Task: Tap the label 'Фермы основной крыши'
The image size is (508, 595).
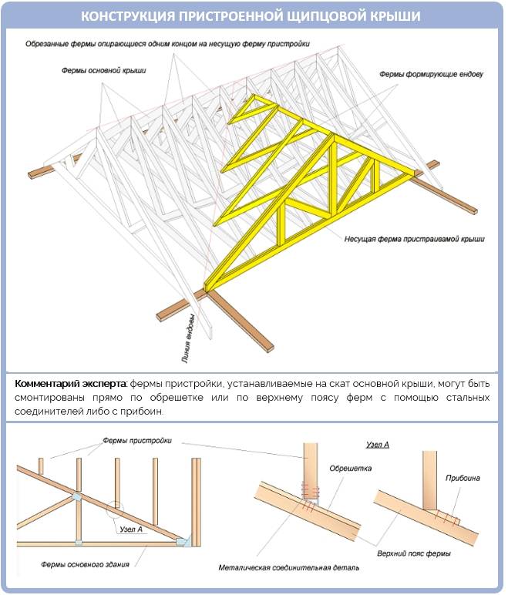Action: pos(104,69)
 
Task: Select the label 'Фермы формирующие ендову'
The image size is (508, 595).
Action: pos(431,75)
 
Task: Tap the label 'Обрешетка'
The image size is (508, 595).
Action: pos(350,468)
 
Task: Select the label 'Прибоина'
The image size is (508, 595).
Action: pos(463,478)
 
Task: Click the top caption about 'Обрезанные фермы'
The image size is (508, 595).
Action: pos(167,44)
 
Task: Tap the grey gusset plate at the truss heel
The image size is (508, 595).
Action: pos(182,543)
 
